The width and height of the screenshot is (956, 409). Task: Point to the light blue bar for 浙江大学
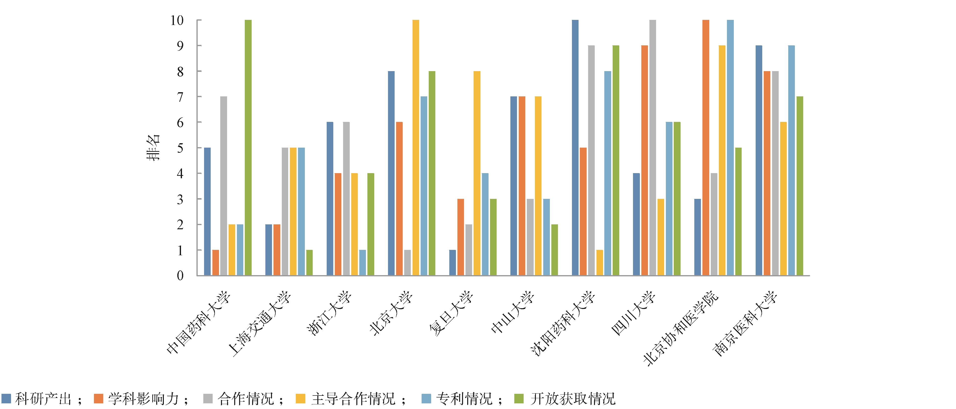(362, 263)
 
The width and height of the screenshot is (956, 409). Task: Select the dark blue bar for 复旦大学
(452, 263)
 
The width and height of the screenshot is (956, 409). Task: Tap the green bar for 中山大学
(555, 250)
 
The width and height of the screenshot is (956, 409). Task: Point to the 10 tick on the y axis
(177, 20)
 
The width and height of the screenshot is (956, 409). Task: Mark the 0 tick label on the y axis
(180, 276)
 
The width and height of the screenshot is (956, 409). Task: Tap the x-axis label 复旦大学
(451, 314)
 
